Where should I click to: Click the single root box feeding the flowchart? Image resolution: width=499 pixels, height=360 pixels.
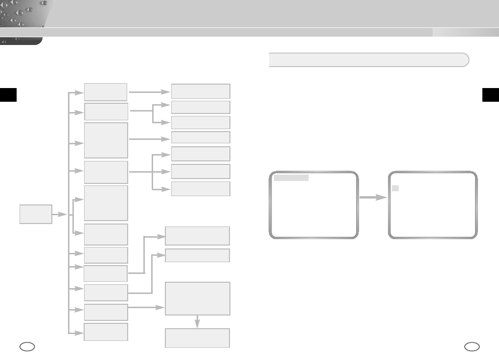(36, 214)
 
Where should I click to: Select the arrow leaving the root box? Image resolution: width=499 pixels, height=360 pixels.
(60, 214)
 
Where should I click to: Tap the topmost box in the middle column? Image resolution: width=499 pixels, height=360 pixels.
(106, 91)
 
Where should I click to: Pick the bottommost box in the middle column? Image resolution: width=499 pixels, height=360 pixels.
(106, 332)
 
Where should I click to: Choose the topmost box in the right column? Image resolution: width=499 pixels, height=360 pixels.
(200, 91)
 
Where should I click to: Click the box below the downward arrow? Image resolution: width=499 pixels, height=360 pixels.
(197, 338)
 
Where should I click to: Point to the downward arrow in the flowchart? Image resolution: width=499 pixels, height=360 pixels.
(197, 321)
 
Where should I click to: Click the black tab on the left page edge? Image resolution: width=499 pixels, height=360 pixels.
(8, 94)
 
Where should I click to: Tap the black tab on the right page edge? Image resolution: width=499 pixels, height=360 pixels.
(490, 94)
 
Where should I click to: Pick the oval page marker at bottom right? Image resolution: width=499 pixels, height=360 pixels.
(472, 347)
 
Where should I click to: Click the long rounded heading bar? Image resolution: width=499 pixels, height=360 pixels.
(369, 60)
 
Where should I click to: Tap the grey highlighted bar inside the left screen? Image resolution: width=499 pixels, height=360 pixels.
(291, 178)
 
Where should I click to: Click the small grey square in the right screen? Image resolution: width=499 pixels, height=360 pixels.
(396, 188)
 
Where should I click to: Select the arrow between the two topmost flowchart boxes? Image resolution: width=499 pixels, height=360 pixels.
(149, 91)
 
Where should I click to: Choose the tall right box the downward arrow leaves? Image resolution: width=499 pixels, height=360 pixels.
(197, 298)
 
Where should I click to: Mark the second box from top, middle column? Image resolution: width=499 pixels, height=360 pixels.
(106, 112)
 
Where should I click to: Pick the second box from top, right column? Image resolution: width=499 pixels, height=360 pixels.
(200, 107)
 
